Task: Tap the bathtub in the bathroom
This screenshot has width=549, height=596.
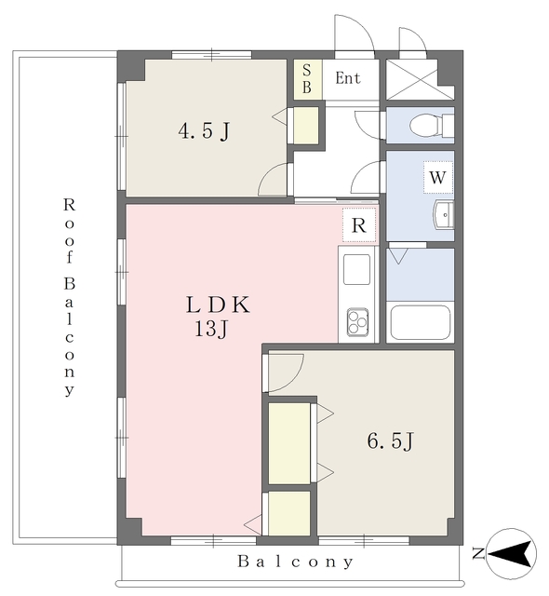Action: pos(421,322)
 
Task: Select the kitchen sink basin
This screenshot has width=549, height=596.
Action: pos(356,269)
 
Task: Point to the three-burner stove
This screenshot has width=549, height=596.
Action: pos(357,322)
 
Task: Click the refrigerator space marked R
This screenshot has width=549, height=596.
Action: pos(359,225)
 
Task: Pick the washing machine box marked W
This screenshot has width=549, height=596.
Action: pos(437,177)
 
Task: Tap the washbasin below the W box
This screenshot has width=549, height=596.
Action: pos(444,215)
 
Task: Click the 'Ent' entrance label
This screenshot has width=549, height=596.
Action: pos(348,78)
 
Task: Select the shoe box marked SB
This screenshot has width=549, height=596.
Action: pos(307,79)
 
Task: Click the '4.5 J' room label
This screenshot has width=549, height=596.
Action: pos(205,131)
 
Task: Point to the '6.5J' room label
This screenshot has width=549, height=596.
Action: pos(390,441)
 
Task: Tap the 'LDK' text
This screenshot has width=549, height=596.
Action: pos(218,305)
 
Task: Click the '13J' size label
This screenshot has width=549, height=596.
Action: pos(211,329)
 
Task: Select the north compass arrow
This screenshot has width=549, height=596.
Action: pos(511,554)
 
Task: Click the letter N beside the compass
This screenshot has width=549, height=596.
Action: pos(478,553)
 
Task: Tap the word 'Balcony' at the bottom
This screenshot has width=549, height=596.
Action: pos(296,562)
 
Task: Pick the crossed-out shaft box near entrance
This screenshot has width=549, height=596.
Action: pos(420,79)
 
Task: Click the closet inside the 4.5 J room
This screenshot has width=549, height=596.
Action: pos(306,126)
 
